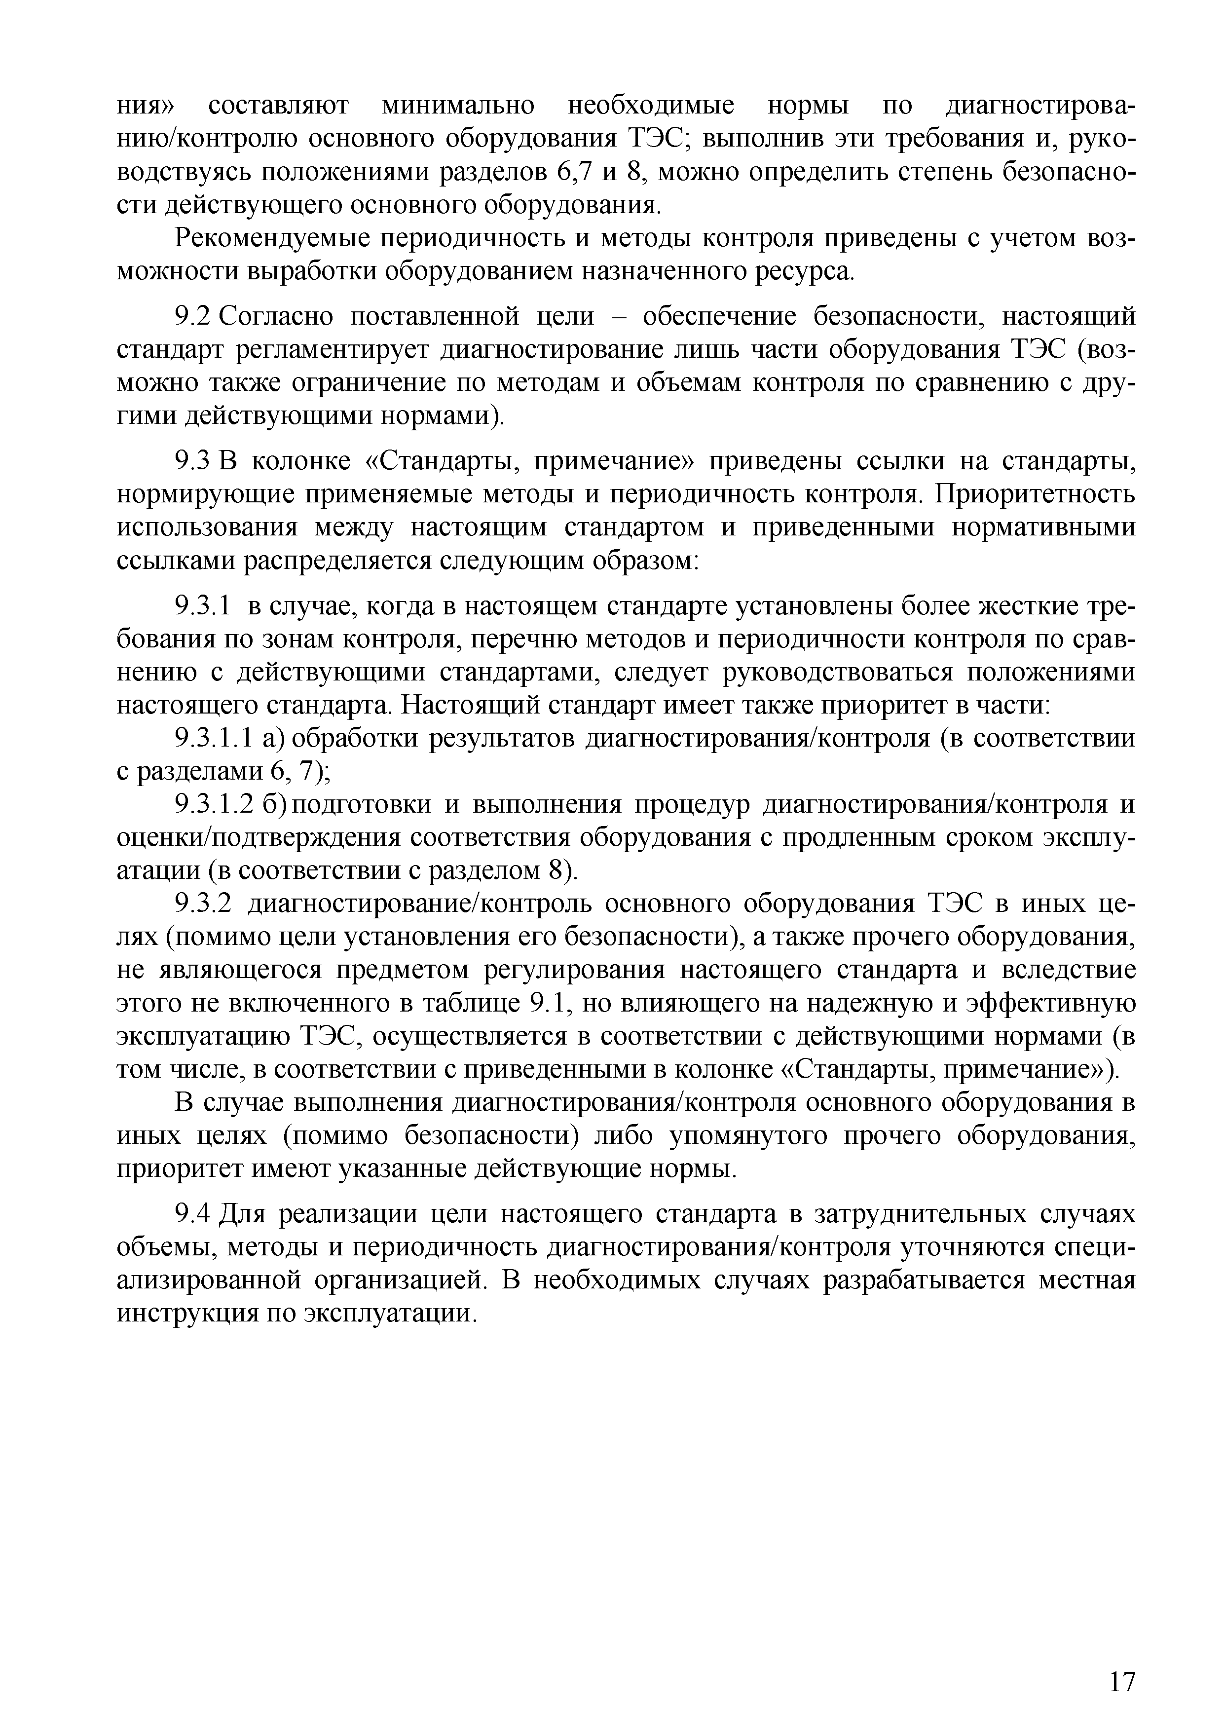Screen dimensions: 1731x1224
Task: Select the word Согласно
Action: [x=275, y=317]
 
